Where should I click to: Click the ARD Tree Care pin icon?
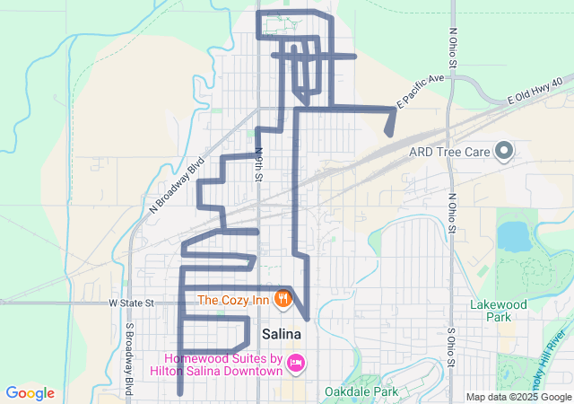pyautogui.click(x=504, y=150)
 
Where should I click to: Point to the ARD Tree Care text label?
pyautogui.click(x=448, y=152)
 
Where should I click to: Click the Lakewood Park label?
pyautogui.click(x=498, y=311)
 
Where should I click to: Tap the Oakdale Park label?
pyautogui.click(x=362, y=392)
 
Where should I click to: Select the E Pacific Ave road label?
pyautogui.click(x=422, y=92)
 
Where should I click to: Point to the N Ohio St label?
pyautogui.click(x=453, y=49)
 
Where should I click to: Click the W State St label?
pyautogui.click(x=132, y=303)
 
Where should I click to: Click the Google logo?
pyautogui.click(x=30, y=393)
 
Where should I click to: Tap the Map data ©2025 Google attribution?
pyautogui.click(x=517, y=397)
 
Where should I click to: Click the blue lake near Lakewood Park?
pyautogui.click(x=513, y=236)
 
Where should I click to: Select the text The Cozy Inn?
pyautogui.click(x=235, y=299)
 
